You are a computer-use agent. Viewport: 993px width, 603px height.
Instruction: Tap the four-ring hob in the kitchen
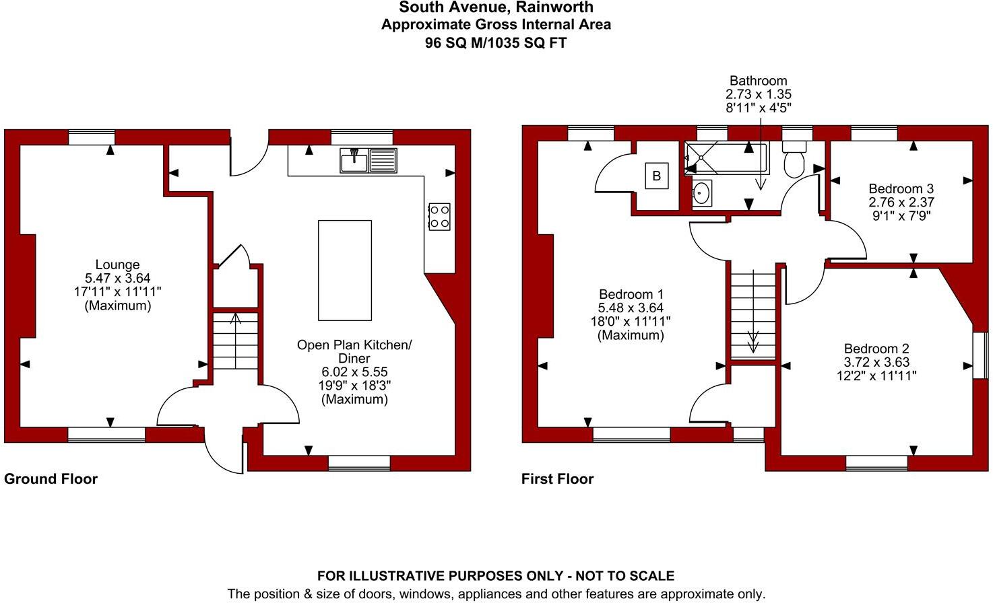[x=439, y=217]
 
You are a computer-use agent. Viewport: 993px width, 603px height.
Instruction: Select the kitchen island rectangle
[x=344, y=270]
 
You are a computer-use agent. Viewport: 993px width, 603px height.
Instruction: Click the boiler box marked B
[x=656, y=176]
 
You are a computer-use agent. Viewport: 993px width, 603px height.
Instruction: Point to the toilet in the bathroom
[x=795, y=160]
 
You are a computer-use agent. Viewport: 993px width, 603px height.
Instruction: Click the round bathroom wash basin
[x=702, y=193]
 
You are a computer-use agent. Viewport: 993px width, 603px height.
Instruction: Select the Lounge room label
[x=117, y=264]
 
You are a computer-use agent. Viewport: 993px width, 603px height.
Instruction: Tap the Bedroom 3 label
[x=901, y=188]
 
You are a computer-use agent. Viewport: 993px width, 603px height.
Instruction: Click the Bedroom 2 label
[x=876, y=349]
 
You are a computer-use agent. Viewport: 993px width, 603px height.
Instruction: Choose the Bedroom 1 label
[x=631, y=294]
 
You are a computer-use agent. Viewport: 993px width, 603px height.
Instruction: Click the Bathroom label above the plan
[x=758, y=81]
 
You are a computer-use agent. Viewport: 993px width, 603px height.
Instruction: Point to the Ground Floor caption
[x=51, y=479]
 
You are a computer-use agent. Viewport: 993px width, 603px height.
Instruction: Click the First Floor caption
[x=557, y=479]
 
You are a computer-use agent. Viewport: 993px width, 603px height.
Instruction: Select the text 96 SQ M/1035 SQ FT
[x=496, y=43]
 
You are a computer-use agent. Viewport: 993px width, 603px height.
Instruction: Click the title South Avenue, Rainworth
[x=496, y=7]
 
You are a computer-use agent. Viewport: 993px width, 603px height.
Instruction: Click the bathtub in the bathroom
[x=726, y=159]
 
